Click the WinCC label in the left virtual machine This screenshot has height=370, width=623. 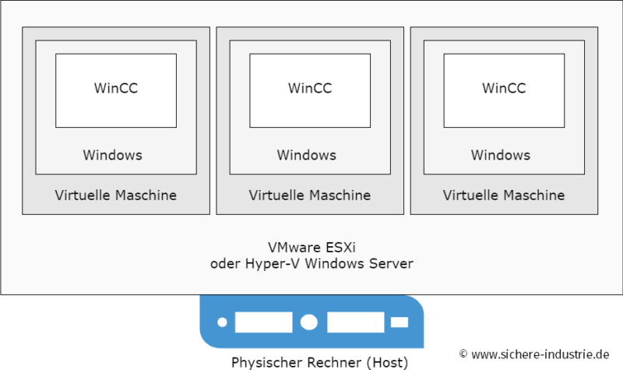(116, 88)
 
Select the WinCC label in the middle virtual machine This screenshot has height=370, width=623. (310, 88)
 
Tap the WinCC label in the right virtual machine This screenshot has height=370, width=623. (504, 88)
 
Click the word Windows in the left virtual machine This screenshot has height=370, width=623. (113, 155)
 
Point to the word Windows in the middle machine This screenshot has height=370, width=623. (307, 155)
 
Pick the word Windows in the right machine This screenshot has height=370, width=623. (501, 155)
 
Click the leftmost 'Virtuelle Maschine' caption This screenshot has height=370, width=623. (116, 195)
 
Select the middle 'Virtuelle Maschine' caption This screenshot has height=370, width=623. (310, 195)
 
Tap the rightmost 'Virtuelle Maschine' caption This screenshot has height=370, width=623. (504, 195)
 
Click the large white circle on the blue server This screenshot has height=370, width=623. (309, 322)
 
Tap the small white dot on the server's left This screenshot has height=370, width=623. (222, 322)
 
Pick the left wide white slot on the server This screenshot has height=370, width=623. (263, 322)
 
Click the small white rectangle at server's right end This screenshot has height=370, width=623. (399, 322)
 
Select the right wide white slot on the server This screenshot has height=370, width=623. (355, 322)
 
